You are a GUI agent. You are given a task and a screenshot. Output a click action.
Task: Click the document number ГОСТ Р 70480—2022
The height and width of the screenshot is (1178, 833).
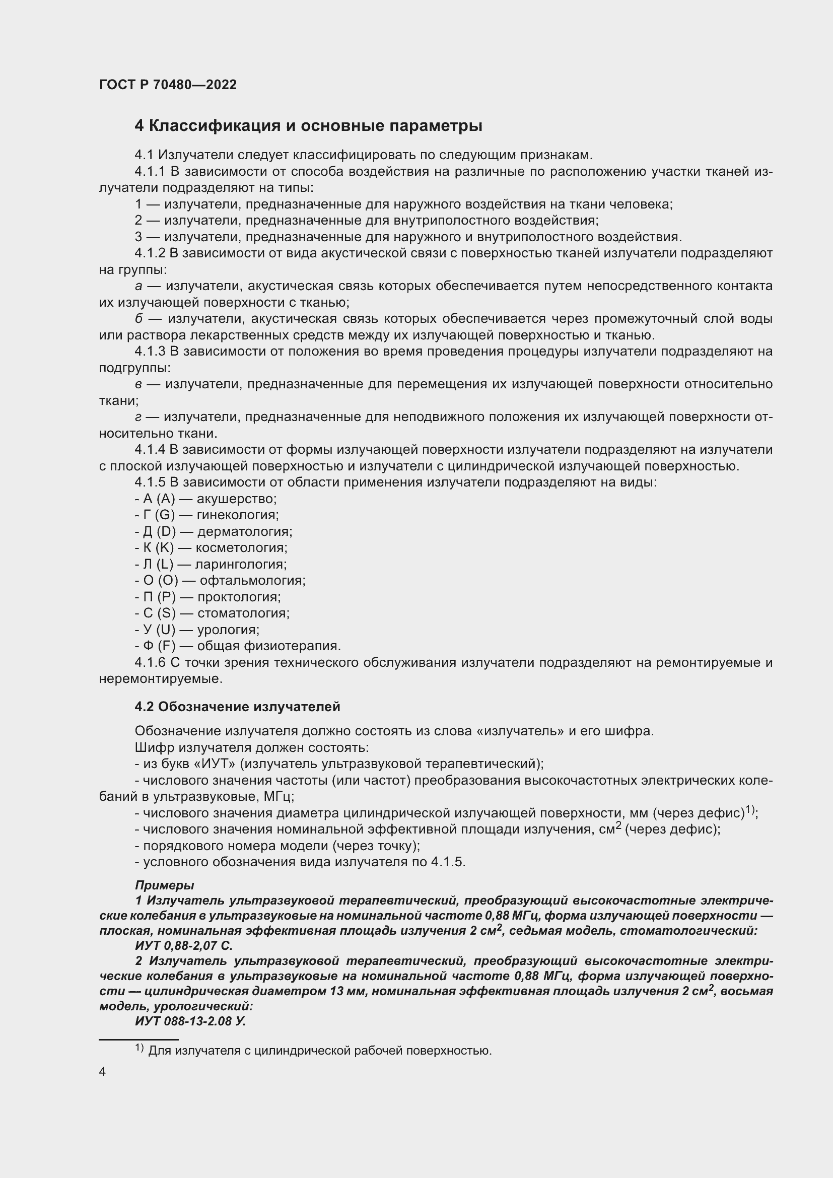pos(168,85)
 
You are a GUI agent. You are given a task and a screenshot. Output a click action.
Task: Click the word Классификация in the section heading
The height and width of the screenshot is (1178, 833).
pos(214,126)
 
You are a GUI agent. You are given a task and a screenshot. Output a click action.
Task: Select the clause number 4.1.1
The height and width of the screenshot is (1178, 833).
pos(150,171)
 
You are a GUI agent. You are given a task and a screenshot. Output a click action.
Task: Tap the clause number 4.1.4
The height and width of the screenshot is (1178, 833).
pos(150,449)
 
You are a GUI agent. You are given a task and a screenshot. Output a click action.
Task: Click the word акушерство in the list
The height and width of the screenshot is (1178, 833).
pos(237,499)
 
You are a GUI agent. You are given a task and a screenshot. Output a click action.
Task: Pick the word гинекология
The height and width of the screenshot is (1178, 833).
pos(238,515)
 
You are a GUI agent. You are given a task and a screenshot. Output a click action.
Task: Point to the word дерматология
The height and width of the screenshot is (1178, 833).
pos(245,531)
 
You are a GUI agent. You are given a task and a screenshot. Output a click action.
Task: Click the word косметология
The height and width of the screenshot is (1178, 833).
pos(242,547)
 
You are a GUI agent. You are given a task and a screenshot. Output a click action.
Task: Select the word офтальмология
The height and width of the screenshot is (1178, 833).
pos(252,580)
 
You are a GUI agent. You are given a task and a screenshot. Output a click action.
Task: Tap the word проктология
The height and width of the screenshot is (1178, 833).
pos(239,597)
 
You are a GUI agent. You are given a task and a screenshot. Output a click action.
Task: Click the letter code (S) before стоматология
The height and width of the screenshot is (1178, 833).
pos(166,613)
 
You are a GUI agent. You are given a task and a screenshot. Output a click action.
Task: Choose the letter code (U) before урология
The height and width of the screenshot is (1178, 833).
pos(166,630)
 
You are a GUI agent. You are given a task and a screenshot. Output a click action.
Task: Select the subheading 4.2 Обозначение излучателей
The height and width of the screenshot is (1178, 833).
pos(237,707)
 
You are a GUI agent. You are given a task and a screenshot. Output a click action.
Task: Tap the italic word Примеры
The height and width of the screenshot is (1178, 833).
pos(164,885)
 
